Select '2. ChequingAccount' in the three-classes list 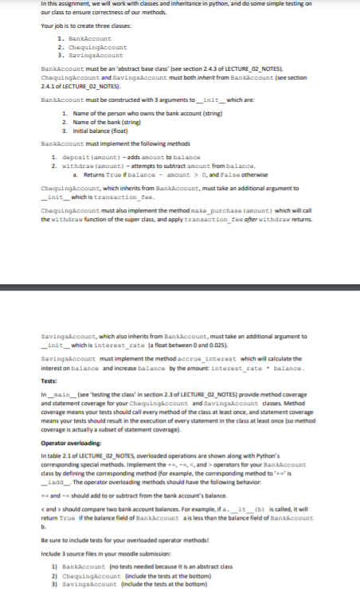pos(89,47)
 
